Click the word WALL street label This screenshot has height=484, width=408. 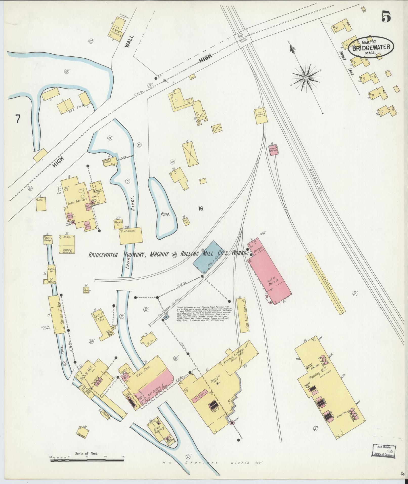pyautogui.click(x=128, y=42)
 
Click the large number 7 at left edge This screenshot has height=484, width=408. pyautogui.click(x=17, y=119)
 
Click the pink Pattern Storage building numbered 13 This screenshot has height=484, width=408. pyautogui.click(x=273, y=149)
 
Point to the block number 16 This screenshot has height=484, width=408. pyautogui.click(x=201, y=209)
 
